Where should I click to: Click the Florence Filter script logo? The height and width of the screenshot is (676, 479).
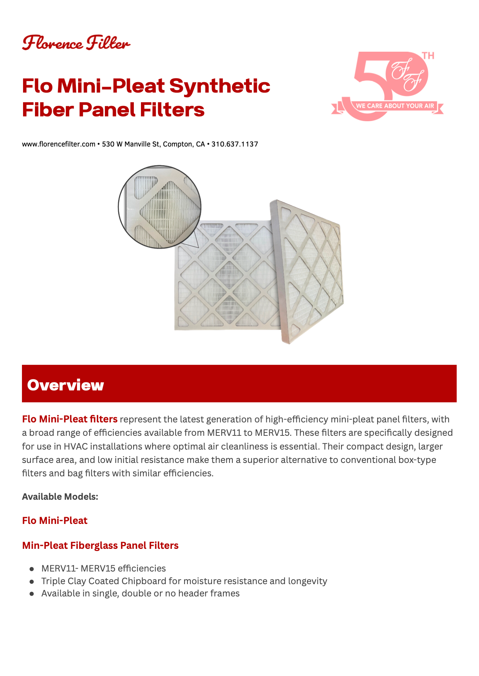76,43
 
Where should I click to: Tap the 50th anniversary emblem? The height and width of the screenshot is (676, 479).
387,86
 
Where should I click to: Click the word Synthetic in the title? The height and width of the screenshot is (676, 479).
220,86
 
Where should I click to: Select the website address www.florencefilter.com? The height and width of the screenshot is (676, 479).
59,144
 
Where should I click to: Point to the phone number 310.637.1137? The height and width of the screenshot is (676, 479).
235,144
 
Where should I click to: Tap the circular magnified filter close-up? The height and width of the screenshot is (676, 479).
160,207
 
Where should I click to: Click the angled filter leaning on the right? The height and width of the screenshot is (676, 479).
307,271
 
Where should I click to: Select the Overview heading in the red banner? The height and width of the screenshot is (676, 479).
65,385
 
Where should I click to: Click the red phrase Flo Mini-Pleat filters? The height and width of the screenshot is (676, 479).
70,419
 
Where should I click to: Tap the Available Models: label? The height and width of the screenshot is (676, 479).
60,497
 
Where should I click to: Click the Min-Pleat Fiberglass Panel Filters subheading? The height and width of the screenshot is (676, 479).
100,545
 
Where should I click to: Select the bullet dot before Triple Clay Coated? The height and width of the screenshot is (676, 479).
32,581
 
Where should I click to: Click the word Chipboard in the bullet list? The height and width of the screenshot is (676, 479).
144,581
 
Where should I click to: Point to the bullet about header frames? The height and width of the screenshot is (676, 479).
141,593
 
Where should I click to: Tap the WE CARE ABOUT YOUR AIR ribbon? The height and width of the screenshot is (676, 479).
388,106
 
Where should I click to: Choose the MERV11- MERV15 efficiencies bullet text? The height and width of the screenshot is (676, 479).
104,569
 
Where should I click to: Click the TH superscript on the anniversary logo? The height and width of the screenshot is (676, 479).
428,56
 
